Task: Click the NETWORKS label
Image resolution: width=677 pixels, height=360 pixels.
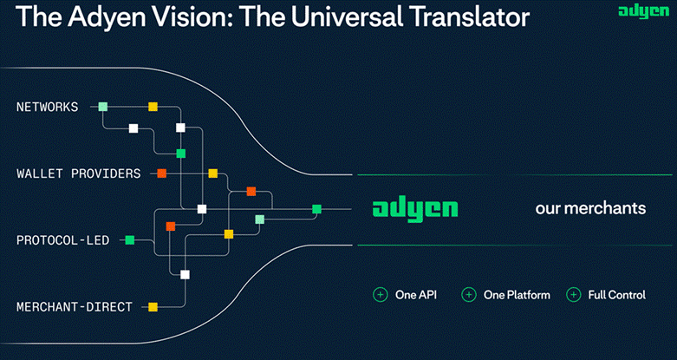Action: click(x=47, y=108)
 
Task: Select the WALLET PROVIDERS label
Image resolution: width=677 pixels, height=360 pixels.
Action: click(x=78, y=173)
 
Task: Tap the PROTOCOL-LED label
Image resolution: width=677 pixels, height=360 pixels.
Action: click(x=62, y=239)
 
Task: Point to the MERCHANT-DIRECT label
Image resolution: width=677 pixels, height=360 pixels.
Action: click(x=75, y=306)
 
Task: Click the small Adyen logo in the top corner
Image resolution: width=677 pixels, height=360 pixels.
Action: click(x=642, y=11)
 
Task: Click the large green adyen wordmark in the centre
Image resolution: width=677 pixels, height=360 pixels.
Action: click(x=414, y=209)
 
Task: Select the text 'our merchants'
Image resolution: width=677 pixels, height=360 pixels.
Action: click(x=590, y=209)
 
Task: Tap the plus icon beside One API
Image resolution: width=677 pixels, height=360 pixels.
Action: click(x=380, y=295)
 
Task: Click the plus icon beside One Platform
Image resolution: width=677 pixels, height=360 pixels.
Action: click(x=469, y=295)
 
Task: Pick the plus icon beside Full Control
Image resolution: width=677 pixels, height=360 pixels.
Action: click(x=573, y=295)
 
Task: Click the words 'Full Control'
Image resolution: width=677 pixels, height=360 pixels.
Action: click(x=617, y=295)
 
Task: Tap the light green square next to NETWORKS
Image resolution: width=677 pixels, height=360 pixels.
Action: click(x=103, y=107)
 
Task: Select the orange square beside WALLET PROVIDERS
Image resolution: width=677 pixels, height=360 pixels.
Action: click(x=161, y=173)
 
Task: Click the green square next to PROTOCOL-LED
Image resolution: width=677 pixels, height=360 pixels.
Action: click(x=129, y=239)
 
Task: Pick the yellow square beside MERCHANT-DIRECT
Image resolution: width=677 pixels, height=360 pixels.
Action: click(x=153, y=306)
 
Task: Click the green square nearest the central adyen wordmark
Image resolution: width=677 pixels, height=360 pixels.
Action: click(x=317, y=208)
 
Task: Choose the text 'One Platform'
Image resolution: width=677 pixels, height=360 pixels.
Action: click(x=517, y=295)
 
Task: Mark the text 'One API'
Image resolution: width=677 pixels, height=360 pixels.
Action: click(x=416, y=295)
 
